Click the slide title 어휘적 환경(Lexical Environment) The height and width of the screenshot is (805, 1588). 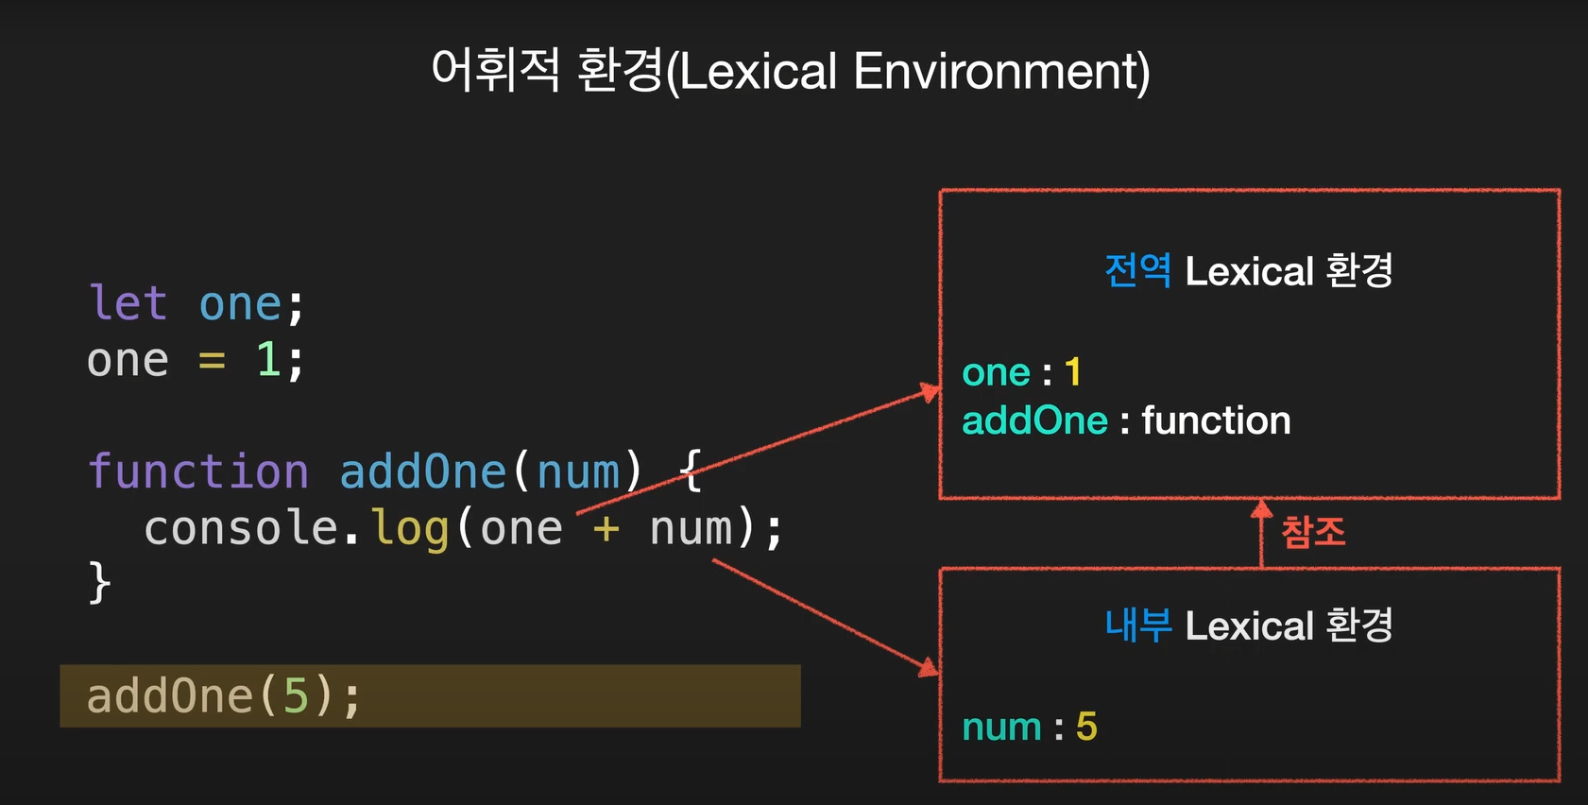791,71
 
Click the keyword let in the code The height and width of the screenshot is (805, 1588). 128,304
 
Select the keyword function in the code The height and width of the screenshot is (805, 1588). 197,471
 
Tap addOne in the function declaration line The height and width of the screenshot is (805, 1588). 422,471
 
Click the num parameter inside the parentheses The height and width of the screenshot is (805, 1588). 578,471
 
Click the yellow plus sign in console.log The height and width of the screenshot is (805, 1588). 606,528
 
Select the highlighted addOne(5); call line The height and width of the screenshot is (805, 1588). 430,696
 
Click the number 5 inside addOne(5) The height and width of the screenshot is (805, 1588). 296,696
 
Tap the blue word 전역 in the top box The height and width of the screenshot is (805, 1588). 1137,271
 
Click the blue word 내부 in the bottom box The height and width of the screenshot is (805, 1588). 1138,625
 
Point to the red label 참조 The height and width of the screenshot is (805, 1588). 1313,532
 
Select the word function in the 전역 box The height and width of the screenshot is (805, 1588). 1216,420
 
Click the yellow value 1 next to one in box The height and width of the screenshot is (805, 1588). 1072,372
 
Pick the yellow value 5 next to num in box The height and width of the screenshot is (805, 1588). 1086,727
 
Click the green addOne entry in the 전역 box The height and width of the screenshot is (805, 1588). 1034,420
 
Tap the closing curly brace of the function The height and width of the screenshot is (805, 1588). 99,582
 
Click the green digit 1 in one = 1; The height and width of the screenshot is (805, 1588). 267,360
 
